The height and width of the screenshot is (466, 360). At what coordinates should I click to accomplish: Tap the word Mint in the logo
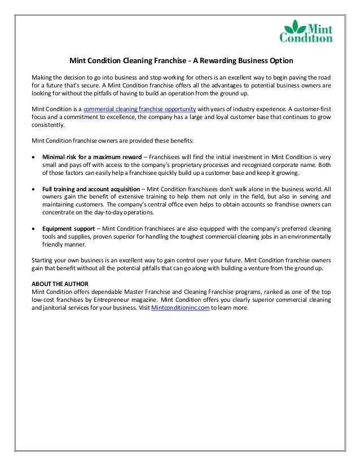(x=319, y=27)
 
